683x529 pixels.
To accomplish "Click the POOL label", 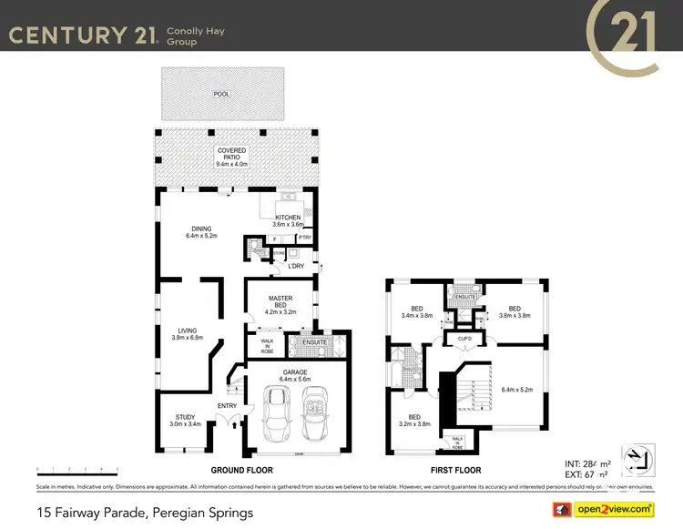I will click(221, 94).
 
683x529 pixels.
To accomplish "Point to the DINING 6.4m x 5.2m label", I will click(201, 232).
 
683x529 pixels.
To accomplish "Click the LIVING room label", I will click(185, 334).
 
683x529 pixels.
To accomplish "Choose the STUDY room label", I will click(185, 421).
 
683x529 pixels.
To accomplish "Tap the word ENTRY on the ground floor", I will click(227, 406).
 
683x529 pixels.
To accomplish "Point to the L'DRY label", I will click(295, 266).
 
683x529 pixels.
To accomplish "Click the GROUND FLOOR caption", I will click(241, 471).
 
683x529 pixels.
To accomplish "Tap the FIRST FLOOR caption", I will click(455, 471).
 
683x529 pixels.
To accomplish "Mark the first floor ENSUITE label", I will click(465, 297).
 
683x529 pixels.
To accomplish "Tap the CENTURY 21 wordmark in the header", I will click(83, 36).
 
